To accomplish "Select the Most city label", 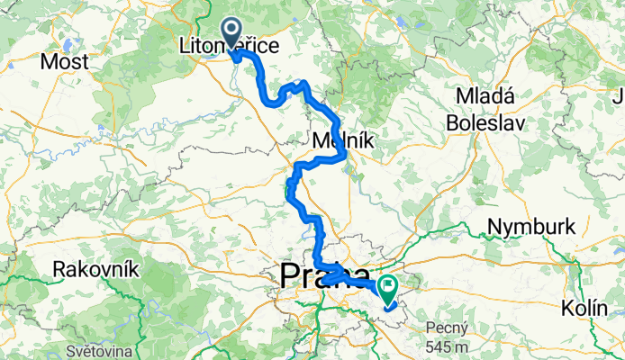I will [x=66, y=62].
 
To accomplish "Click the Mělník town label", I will [x=333, y=140].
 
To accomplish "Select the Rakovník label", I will [x=95, y=267].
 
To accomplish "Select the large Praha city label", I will [x=324, y=275].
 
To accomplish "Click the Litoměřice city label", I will [x=229, y=42].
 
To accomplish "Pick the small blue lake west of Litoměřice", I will [x=67, y=42].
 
